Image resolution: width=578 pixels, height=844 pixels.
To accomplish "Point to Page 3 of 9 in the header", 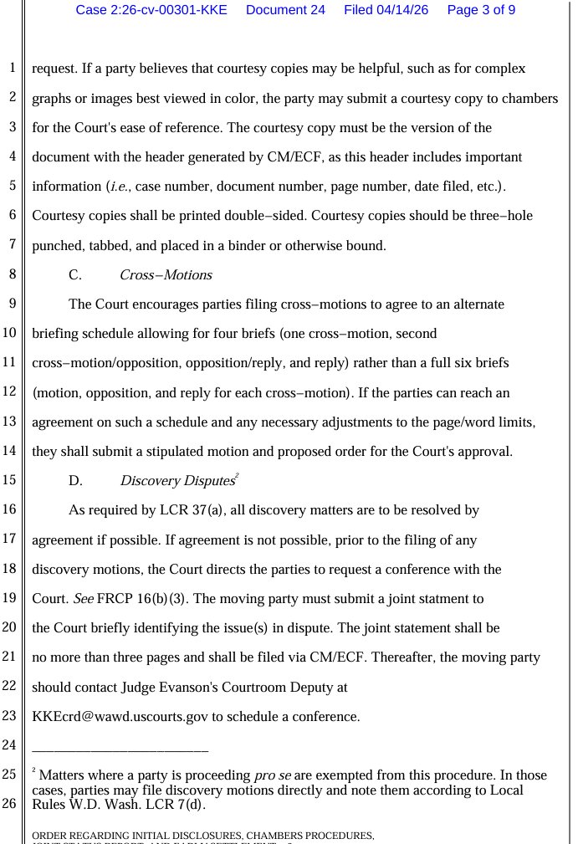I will pyautogui.click(x=481, y=10).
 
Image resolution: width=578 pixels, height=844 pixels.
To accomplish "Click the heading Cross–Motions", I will pyautogui.click(x=166, y=275).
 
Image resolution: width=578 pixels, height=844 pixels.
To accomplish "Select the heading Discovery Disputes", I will pyautogui.click(x=176, y=481).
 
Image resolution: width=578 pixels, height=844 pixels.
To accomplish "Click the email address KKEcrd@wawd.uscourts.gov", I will pyautogui.click(x=119, y=717).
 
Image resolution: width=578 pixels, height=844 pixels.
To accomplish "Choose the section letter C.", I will pyautogui.click(x=74, y=275).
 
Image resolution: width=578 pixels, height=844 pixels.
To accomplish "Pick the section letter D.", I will pyautogui.click(x=75, y=481).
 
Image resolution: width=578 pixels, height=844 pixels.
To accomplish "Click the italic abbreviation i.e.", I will pyautogui.click(x=117, y=187).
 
